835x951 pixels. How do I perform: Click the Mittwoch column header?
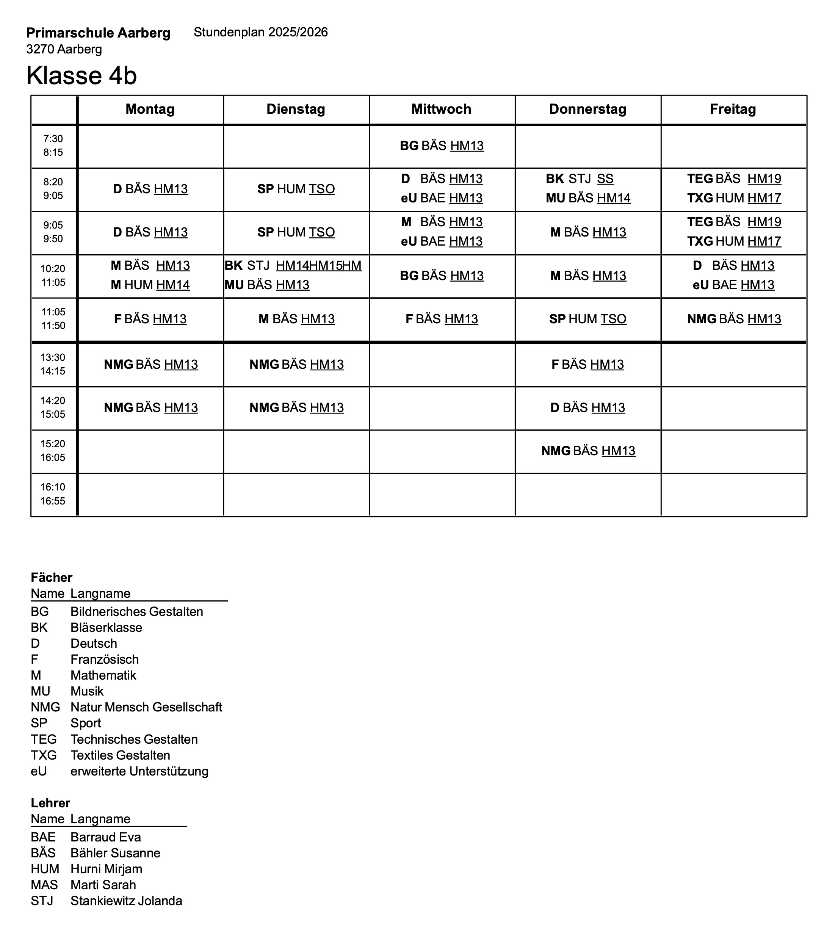point(441,109)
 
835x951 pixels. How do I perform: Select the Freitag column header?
point(733,109)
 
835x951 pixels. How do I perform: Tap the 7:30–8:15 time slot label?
point(53,146)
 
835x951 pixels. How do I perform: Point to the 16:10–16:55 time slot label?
point(53,494)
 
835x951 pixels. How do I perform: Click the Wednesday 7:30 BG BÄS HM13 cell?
point(442,146)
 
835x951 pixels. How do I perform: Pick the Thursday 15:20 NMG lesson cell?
point(588,451)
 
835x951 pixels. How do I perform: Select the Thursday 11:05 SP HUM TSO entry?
point(587,319)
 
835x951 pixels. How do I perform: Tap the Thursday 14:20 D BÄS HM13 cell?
point(587,407)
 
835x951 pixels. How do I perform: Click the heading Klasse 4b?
point(81,75)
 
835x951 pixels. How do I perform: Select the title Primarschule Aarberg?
point(98,33)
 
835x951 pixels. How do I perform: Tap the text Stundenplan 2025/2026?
point(260,32)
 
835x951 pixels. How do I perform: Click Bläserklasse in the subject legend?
point(106,628)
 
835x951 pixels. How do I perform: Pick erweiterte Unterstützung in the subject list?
point(139,771)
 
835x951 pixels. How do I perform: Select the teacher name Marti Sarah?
point(103,885)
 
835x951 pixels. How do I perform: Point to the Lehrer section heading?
point(50,803)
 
